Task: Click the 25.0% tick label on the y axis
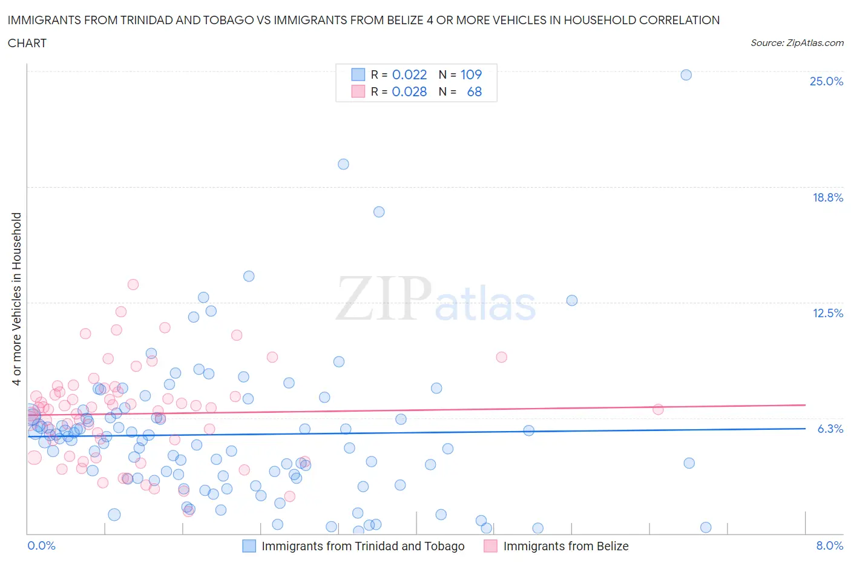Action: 826,82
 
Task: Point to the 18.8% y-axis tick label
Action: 827,197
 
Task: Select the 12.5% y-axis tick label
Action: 827,313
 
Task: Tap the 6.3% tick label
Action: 830,429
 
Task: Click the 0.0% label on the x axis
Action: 42,545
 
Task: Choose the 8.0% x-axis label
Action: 829,545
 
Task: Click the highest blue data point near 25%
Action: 686,75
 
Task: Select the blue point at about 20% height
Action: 343,164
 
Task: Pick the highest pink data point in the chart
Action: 133,285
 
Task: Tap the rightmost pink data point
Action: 658,409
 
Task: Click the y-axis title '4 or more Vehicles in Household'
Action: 17,298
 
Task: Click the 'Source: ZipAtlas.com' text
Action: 797,43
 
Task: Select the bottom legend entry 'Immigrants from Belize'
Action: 565,546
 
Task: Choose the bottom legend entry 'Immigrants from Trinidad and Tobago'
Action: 363,546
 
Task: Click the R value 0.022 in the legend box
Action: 409,74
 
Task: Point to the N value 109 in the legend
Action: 471,74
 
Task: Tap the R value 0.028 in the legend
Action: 409,91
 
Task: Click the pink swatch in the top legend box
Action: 358,91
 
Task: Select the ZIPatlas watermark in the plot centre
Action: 436,299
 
